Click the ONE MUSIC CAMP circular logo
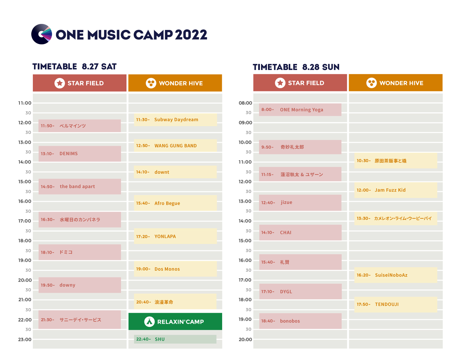tap(41, 34)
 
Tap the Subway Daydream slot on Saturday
tap(175, 120)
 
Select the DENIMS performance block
tap(80, 154)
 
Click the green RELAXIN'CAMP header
tap(175, 321)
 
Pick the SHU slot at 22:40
tap(175, 339)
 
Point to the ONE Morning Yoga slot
tap(300, 110)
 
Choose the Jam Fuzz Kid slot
tap(396, 190)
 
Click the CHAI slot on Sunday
tap(301, 233)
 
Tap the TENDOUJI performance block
tap(396, 304)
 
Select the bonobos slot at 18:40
tap(301, 321)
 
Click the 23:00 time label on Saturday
tap(24, 340)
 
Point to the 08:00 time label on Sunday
tap(245, 103)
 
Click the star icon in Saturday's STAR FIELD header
tap(60, 83)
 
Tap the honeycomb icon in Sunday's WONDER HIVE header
tap(371, 83)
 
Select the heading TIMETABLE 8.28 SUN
tap(296, 67)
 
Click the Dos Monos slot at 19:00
tap(175, 269)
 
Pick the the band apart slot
tap(80, 187)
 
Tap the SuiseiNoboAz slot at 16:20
tap(396, 275)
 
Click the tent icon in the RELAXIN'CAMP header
tap(150, 322)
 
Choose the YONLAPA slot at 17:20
tap(175, 236)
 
